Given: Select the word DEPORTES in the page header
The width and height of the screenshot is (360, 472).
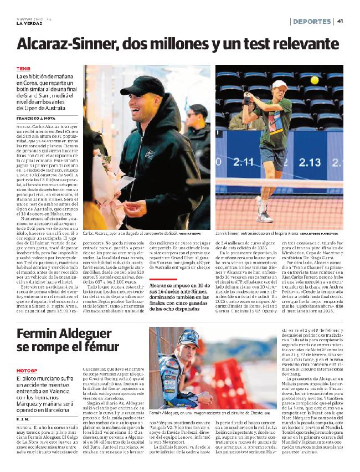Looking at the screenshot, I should click(x=312, y=21).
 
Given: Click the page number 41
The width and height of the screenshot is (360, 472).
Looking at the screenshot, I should click(x=340, y=21).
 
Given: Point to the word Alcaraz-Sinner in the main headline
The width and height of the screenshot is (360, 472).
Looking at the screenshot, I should click(x=68, y=44).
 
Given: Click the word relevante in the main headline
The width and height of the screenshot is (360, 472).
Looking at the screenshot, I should click(x=303, y=44).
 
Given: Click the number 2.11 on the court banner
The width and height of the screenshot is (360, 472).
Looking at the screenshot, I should click(x=243, y=162).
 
